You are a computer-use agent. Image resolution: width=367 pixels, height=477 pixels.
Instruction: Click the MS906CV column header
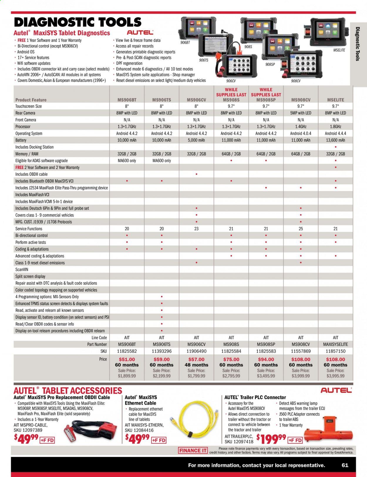(196, 100)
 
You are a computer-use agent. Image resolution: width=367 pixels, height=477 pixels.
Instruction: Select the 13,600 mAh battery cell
(336, 140)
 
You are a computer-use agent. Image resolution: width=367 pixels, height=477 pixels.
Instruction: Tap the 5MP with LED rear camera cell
(301, 113)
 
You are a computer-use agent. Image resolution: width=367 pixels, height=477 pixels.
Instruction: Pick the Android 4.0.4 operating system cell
(301, 133)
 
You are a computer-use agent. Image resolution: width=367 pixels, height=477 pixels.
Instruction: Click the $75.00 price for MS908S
(231, 359)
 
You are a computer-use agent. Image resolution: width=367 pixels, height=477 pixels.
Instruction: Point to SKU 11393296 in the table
(161, 351)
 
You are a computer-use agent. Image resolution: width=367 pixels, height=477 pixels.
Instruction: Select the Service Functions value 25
(301, 229)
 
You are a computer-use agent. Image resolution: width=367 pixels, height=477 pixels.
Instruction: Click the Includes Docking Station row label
(35, 147)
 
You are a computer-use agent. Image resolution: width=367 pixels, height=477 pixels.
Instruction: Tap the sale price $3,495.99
(266, 376)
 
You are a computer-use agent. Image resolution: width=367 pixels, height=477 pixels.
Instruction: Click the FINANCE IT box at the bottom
(193, 451)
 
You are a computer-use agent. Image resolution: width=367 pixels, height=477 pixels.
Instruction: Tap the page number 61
(345, 465)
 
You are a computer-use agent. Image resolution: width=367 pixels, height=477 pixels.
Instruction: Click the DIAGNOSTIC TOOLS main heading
(78, 22)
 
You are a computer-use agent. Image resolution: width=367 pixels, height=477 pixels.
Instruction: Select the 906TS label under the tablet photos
(203, 60)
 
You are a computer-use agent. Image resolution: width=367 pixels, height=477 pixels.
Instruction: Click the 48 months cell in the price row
(196, 365)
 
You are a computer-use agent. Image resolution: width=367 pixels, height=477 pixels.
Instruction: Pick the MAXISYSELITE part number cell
(336, 344)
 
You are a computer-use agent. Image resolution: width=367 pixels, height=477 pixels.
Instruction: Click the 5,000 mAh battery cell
(196, 140)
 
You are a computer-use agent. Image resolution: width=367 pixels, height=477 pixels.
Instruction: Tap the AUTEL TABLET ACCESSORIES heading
(68, 391)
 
